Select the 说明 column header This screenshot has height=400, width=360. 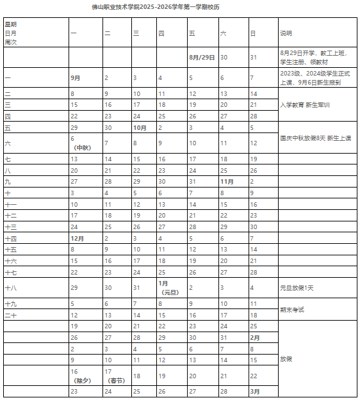(286, 33)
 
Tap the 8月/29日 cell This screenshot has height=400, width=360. (202, 57)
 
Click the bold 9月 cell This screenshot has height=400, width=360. (76, 77)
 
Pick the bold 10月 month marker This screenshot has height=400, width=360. (140, 127)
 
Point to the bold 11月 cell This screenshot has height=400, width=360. (226, 181)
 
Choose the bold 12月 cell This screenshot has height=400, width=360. (77, 237)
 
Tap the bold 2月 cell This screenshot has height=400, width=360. (254, 337)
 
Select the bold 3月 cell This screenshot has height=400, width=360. (254, 390)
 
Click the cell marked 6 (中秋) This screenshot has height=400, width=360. (79, 143)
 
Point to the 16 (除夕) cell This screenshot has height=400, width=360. (80, 375)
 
